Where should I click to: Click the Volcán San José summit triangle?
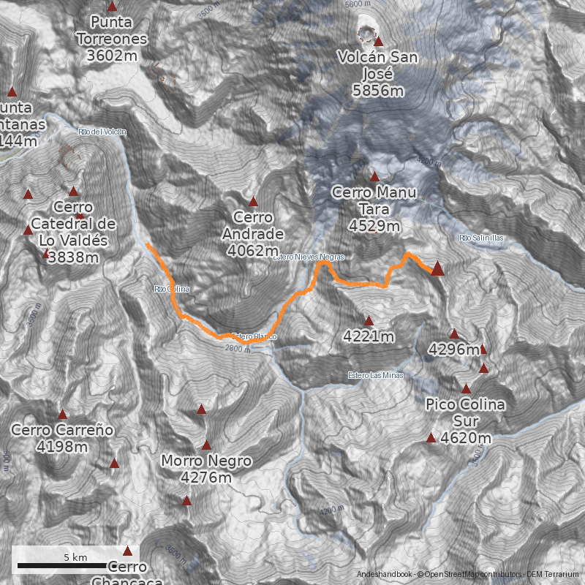click(378, 42)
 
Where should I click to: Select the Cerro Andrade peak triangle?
click(254, 201)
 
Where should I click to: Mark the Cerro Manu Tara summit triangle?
click(374, 176)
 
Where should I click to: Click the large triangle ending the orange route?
click(437, 268)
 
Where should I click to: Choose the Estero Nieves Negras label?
click(308, 257)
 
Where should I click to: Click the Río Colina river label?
click(172, 289)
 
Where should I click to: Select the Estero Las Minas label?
click(375, 376)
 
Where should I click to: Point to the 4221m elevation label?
click(369, 336)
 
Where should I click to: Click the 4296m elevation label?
click(453, 350)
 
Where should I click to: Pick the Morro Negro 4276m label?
click(206, 469)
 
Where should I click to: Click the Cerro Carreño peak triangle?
click(63, 415)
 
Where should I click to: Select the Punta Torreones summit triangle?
click(112, 6)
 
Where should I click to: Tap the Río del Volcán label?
click(102, 132)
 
